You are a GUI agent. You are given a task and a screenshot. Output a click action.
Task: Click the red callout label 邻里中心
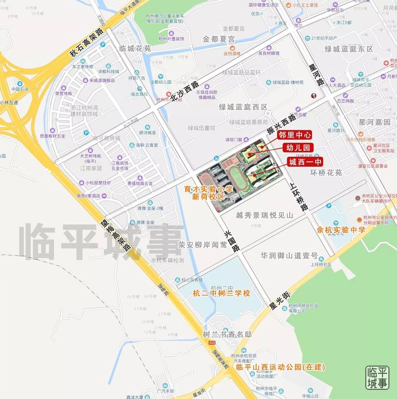tap(295, 135)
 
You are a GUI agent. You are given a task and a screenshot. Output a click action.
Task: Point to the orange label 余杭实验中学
tap(341, 230)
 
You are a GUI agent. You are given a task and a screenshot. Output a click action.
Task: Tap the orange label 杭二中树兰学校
tap(222, 294)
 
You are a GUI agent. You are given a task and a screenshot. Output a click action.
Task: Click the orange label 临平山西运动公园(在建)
tap(280, 367)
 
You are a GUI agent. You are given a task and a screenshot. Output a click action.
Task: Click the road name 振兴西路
tap(281, 124)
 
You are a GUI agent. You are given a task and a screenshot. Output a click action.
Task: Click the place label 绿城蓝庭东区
tap(349, 49)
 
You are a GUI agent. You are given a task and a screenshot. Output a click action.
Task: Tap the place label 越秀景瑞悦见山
tap(264, 215)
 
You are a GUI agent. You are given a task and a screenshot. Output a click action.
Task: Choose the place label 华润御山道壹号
tap(289, 255)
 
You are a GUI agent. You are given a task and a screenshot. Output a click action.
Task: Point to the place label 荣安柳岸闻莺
tap(203, 245)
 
